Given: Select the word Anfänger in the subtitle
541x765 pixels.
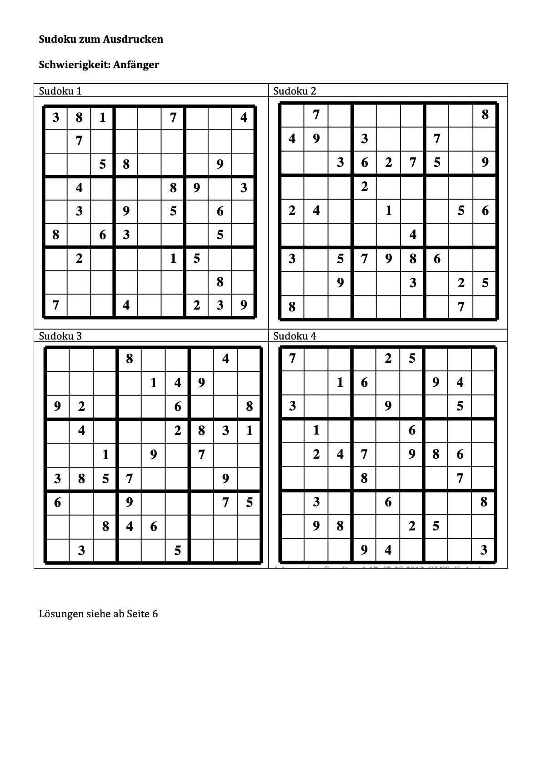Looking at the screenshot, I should (x=140, y=65).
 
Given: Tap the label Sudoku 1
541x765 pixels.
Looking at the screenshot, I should (x=60, y=91).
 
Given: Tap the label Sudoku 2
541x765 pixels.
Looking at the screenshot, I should (x=295, y=91).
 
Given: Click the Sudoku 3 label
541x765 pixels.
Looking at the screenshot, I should (x=60, y=336).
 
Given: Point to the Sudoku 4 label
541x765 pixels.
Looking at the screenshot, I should (x=295, y=336).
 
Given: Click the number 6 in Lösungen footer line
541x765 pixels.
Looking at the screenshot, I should (x=155, y=614).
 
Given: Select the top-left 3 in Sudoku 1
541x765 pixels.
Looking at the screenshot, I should (x=55, y=118).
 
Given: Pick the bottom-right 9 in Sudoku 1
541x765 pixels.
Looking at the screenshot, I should (x=244, y=305).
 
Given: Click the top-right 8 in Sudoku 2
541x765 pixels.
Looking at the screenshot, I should (x=485, y=115).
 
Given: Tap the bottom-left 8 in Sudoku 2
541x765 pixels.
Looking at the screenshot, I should (x=292, y=307).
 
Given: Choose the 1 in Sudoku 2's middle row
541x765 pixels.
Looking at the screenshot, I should (x=388, y=210).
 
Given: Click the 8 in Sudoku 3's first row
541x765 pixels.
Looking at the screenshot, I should (x=130, y=359).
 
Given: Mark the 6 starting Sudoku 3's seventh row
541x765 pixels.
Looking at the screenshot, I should (x=57, y=502).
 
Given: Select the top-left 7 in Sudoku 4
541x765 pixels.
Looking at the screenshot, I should (x=292, y=359).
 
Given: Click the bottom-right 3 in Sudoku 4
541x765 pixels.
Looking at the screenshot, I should (x=484, y=550).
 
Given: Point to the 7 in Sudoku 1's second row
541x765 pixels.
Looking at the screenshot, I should (x=79, y=141).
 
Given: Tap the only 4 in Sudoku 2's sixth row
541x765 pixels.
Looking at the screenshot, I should (x=412, y=235).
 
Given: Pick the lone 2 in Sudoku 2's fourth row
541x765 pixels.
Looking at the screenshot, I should (x=364, y=186).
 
